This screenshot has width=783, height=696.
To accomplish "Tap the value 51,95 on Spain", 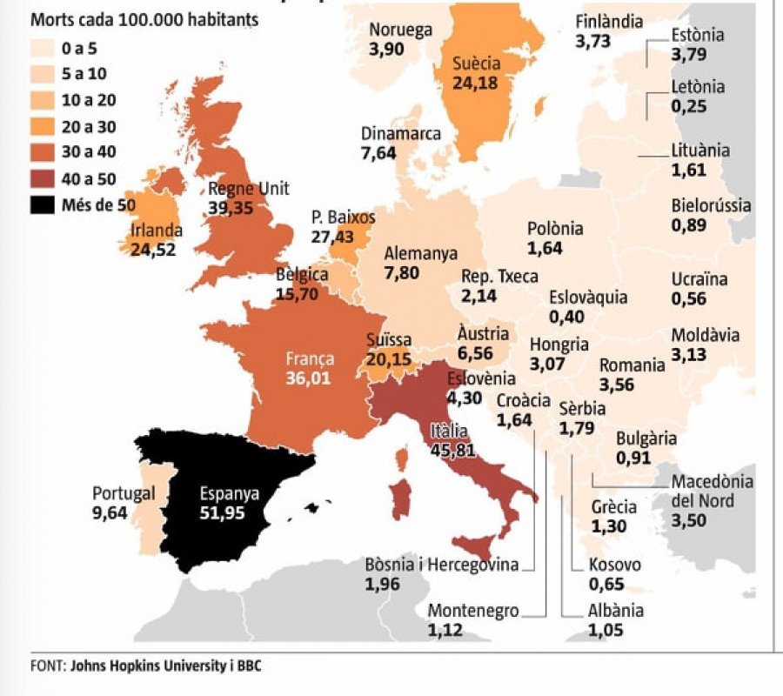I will [222, 512].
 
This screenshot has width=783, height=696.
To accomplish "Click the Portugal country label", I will [124, 493].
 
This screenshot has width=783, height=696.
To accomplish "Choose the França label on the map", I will [310, 359].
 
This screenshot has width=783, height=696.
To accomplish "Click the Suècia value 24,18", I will [476, 84].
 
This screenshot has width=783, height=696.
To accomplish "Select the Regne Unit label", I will [249, 189].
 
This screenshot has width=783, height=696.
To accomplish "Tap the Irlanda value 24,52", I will [153, 250].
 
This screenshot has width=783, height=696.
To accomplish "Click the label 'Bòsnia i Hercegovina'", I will [441, 565].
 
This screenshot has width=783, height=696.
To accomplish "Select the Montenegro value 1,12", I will [445, 630].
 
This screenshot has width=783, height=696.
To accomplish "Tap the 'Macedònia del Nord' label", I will [712, 492].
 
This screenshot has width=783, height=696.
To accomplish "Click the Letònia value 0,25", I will [688, 106].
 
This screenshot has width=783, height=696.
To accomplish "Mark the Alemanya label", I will [420, 254].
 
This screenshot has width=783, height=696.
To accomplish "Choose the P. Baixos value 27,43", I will [333, 238].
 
